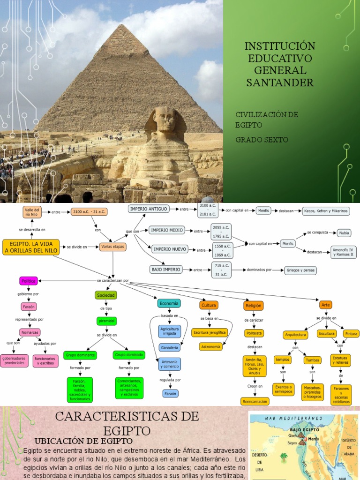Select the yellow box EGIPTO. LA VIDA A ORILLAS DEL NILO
(x=31, y=247)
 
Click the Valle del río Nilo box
(x=32, y=212)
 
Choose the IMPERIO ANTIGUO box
(x=148, y=209)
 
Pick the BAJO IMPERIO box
(x=165, y=270)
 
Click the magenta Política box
(x=28, y=281)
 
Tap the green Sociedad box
(x=105, y=295)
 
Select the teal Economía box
(x=169, y=303)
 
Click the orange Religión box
(x=254, y=306)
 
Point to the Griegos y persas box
(x=300, y=270)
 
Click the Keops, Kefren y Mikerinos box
(x=326, y=211)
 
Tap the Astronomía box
(x=210, y=347)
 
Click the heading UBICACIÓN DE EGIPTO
(x=84, y=441)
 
